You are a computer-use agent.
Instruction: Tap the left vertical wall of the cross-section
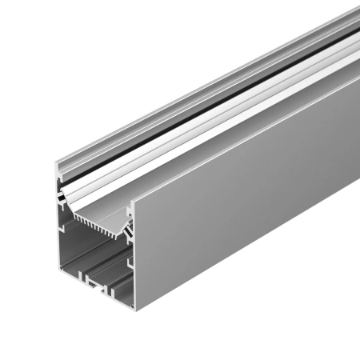59,240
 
